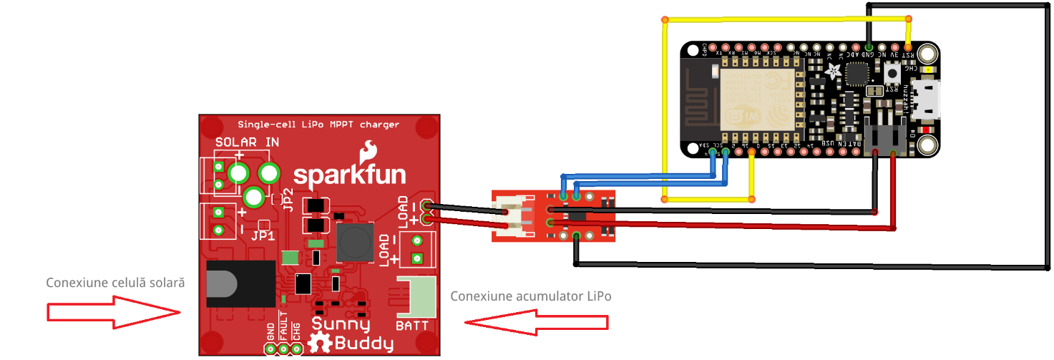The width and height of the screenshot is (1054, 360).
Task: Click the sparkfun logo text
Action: pos(350,174)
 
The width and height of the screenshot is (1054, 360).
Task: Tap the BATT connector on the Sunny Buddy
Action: pos(414,297)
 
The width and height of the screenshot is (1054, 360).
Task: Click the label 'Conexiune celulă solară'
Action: pos(116,283)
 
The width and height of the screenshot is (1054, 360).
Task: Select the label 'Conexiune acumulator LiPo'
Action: pos(531,296)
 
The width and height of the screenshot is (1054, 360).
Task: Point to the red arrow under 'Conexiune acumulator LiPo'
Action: pos(536,321)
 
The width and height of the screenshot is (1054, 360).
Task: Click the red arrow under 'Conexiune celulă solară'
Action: pos(113,312)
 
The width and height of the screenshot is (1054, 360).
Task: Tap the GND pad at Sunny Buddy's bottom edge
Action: pos(270,349)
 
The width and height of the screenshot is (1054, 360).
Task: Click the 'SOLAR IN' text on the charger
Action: pos(247,142)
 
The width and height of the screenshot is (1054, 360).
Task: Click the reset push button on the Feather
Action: pos(893,72)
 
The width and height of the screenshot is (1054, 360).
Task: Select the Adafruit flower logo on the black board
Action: pos(834,70)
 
